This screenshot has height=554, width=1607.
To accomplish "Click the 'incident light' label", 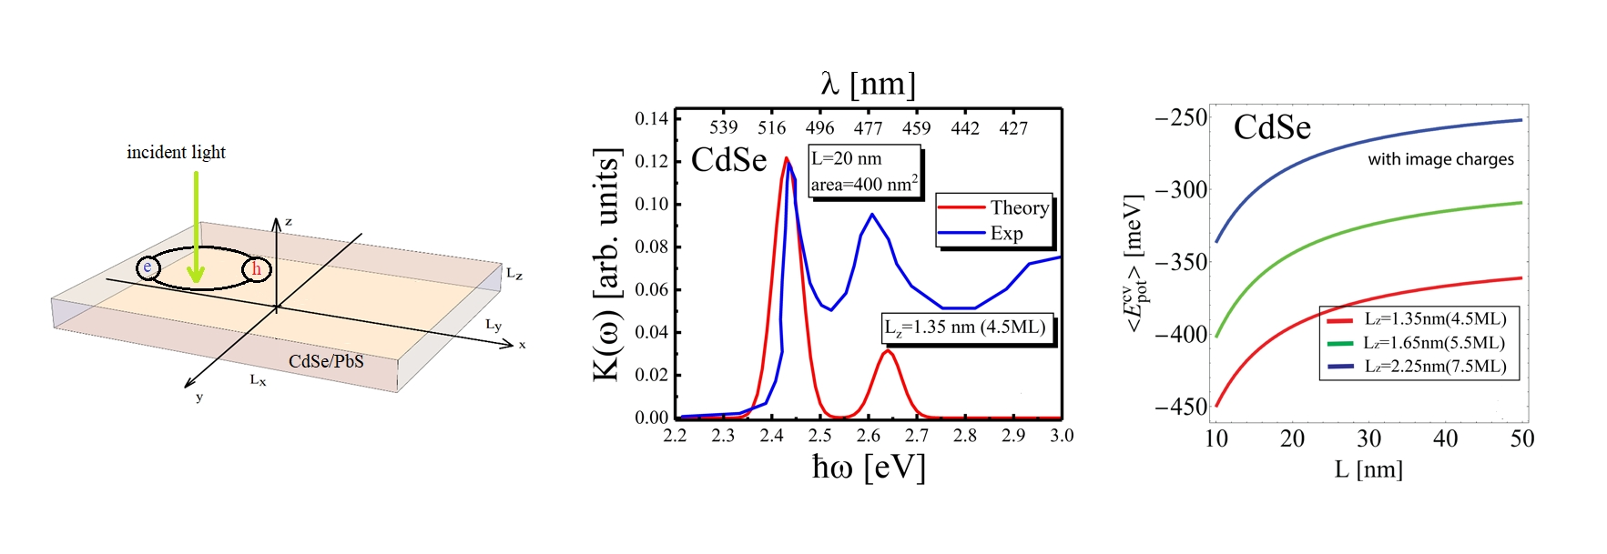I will (x=176, y=152).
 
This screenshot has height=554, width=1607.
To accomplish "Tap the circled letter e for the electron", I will (x=147, y=267).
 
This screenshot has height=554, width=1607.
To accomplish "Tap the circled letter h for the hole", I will (x=257, y=269).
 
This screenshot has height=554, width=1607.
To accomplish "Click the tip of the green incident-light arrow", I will (x=196, y=280).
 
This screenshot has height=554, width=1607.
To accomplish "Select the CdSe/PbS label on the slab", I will (x=326, y=361).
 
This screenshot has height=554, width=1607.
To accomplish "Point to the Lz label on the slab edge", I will (x=514, y=273).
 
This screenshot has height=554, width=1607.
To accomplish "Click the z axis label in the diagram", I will (x=289, y=222).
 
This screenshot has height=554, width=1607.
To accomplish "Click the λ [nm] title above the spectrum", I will (x=868, y=84).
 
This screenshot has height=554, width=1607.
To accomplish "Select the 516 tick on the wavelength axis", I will (x=772, y=128).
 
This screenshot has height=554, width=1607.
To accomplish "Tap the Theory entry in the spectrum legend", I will (x=1019, y=207).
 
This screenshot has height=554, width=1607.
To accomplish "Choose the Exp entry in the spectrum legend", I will (x=1006, y=233).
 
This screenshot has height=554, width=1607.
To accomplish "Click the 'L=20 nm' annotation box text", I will (x=847, y=158).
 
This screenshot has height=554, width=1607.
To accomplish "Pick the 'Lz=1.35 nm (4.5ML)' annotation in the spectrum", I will (x=965, y=327).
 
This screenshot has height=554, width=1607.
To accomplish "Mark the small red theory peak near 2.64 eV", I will (x=888, y=352).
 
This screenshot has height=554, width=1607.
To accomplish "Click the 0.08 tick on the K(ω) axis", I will (x=651, y=247).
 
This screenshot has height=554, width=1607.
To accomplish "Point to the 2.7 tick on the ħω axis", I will (x=917, y=436).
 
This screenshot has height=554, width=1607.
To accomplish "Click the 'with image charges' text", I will (x=1440, y=159).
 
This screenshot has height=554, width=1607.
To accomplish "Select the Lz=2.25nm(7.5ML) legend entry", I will (x=1434, y=366).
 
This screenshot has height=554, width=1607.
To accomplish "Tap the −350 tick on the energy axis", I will (x=1181, y=262).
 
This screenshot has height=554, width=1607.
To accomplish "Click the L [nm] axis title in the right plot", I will (x=1368, y=469).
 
